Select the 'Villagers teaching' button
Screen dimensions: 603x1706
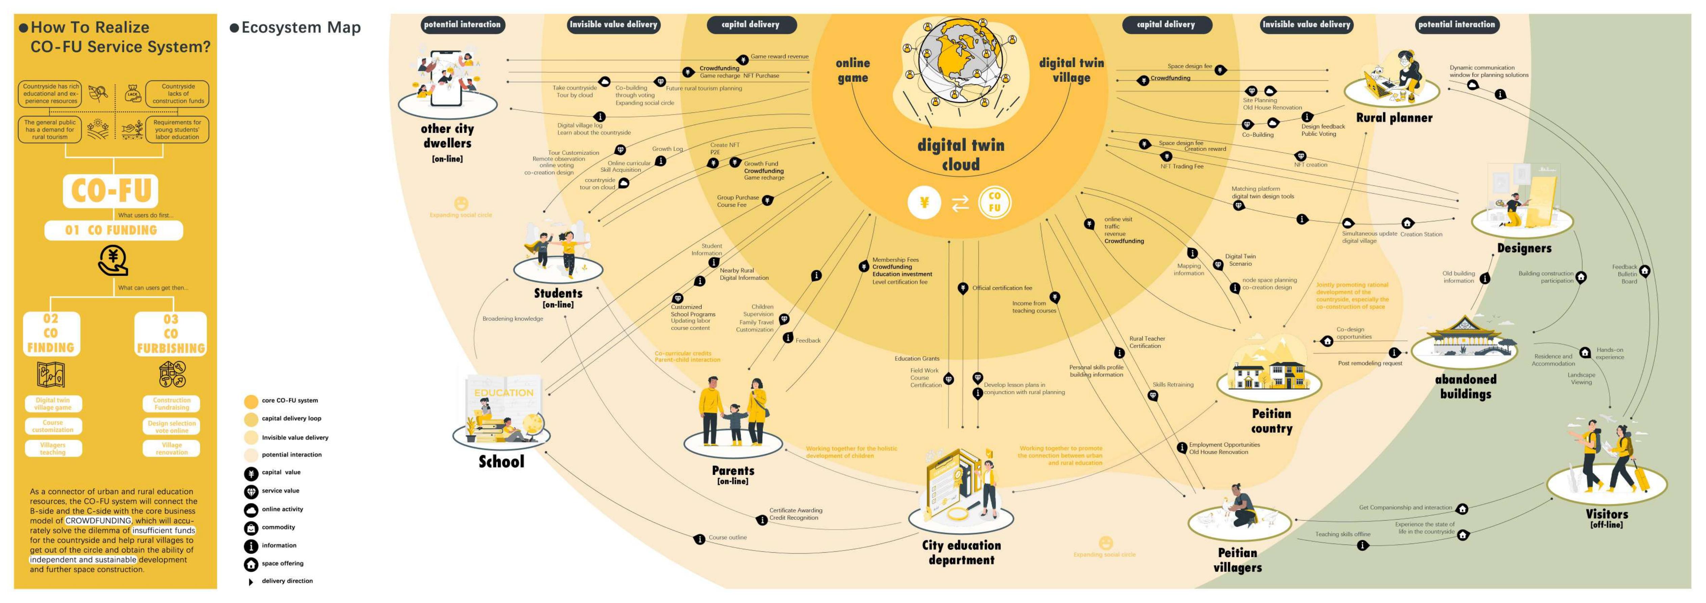coord(53,449)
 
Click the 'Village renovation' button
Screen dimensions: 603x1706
coord(172,449)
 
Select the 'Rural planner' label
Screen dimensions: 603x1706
coord(1394,118)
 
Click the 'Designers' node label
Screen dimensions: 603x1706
coord(1524,249)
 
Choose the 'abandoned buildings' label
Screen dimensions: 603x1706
coord(1466,386)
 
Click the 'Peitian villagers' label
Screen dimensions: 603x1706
coord(1237,560)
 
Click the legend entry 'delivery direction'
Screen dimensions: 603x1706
coord(287,581)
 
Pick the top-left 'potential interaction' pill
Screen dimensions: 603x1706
coord(462,25)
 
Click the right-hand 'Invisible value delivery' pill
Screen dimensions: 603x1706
coord(1306,25)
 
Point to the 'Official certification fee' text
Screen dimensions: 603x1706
coord(1001,288)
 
